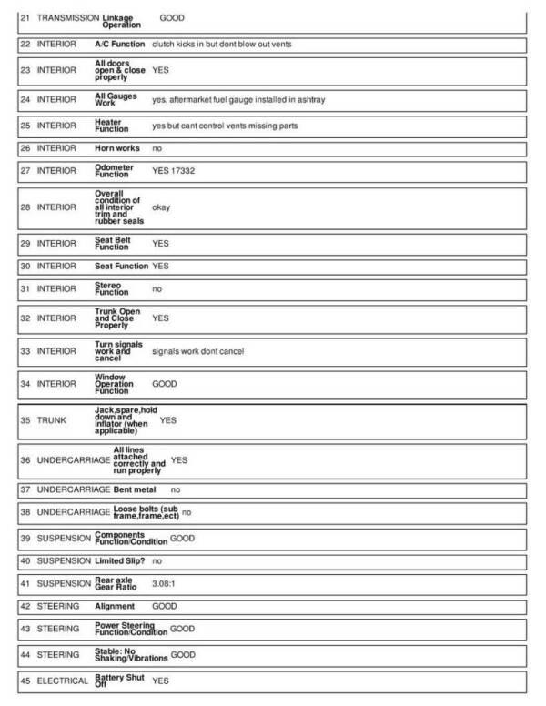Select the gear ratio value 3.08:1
tap(165, 584)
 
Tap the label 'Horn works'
tap(117, 148)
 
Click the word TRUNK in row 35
tap(52, 421)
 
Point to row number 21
tap(25, 18)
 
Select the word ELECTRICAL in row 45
tap(63, 680)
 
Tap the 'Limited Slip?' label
tap(122, 561)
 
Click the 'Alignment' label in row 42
tap(115, 606)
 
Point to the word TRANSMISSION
tap(68, 18)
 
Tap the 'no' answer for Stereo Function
tap(157, 288)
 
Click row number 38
tap(25, 512)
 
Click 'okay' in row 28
tap(161, 207)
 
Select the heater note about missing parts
tap(225, 126)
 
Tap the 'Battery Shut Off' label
tap(119, 680)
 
